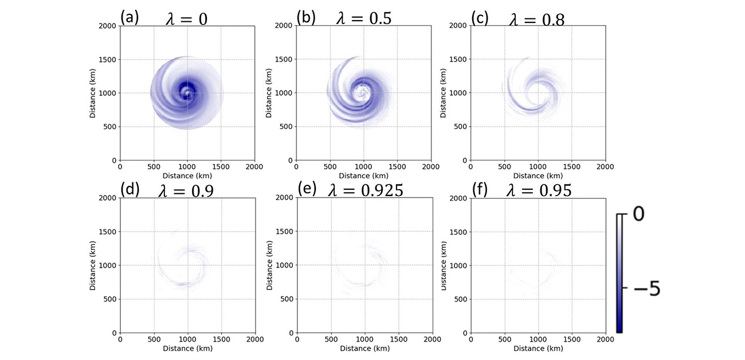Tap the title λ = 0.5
[363, 18]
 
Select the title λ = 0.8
[536, 19]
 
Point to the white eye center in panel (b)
[362, 92]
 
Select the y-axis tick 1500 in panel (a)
[108, 60]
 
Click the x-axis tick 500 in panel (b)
[330, 166]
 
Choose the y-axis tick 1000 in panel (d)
[108, 265]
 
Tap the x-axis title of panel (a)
[187, 175]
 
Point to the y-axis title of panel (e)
[268, 265]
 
